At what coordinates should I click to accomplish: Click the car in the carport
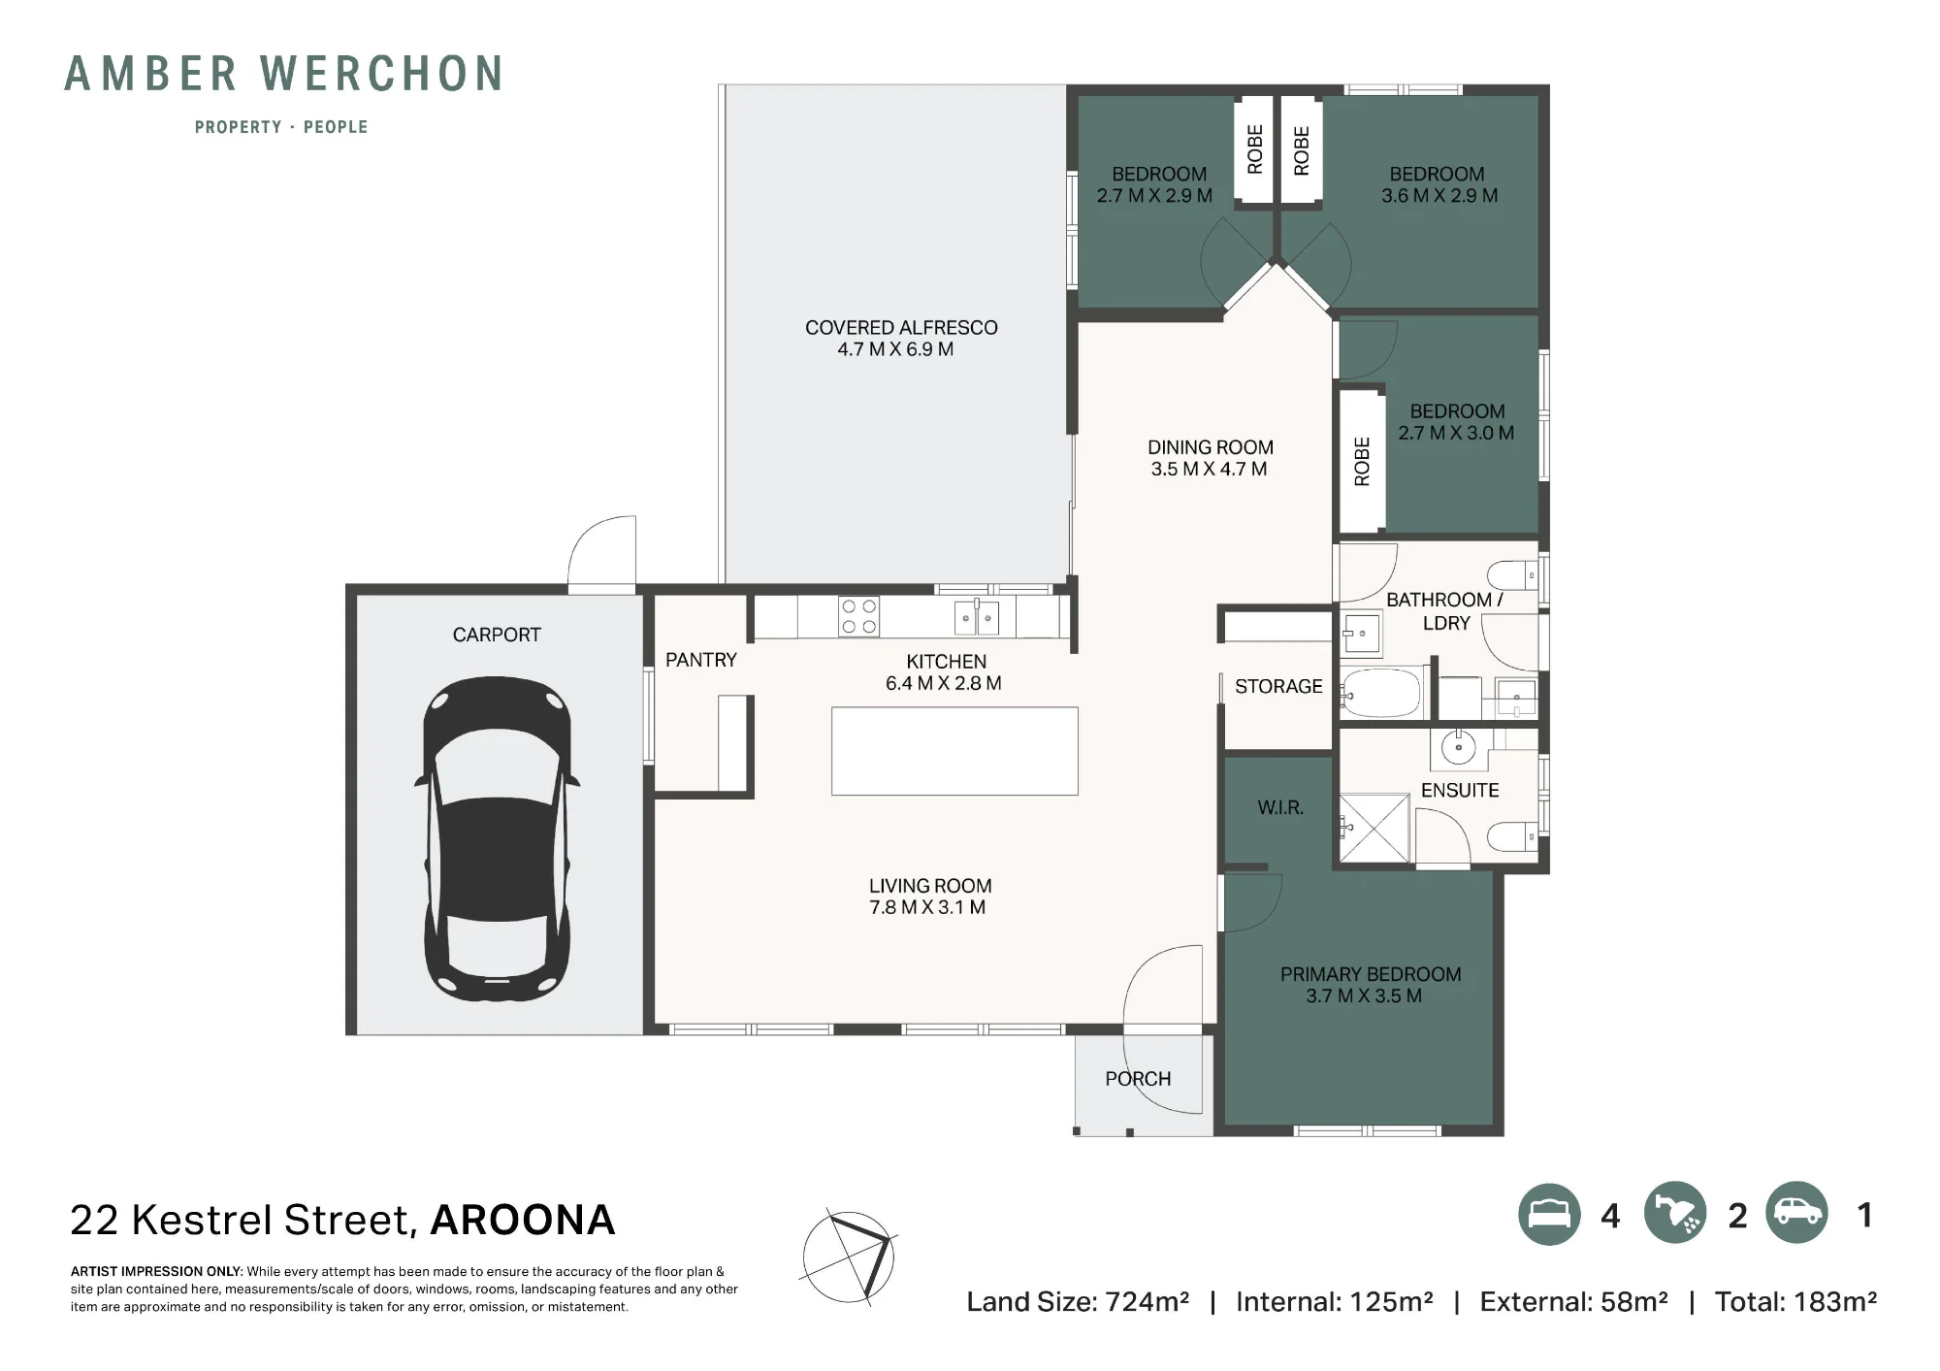click(497, 839)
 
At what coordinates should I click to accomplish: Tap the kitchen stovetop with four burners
click(858, 616)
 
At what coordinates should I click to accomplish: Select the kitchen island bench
click(954, 751)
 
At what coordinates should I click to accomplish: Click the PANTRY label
click(701, 660)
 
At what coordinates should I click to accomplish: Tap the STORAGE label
click(1278, 686)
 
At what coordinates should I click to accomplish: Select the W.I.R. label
click(1280, 807)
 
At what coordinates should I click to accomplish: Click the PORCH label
click(1138, 1079)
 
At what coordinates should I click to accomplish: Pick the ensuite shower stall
click(1374, 828)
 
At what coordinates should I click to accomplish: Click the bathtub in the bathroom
click(1381, 693)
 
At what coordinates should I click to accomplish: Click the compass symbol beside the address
click(849, 1257)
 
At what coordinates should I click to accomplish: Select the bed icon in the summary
click(1549, 1215)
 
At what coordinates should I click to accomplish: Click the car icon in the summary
click(1796, 1212)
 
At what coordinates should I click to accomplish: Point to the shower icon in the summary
click(1675, 1213)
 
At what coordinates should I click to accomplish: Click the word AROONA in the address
click(523, 1221)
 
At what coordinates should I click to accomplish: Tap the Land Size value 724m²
click(1148, 1302)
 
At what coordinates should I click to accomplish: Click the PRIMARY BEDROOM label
click(1371, 974)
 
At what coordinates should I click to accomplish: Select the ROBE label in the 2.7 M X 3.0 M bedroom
click(1362, 462)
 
